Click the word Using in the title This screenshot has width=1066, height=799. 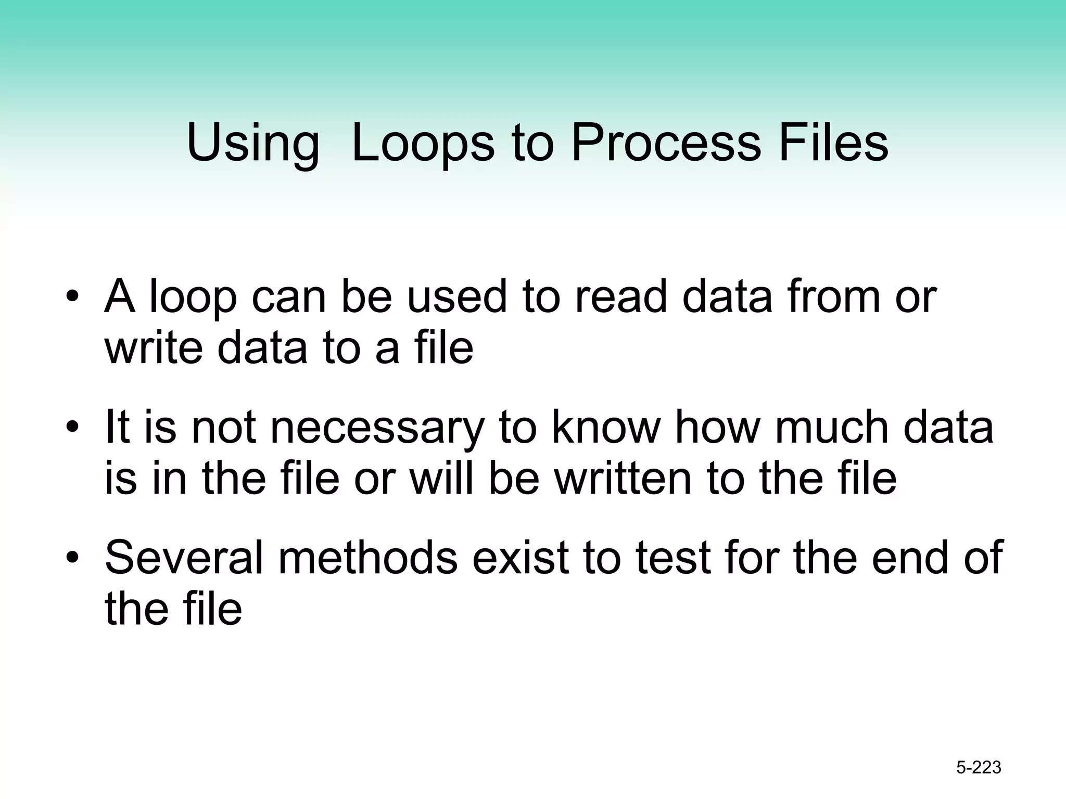pyautogui.click(x=253, y=143)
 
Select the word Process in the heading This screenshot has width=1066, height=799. pyautogui.click(x=666, y=143)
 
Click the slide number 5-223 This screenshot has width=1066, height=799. pyautogui.click(x=979, y=767)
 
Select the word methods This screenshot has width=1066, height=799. pyautogui.click(x=368, y=557)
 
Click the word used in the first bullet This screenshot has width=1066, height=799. pyautogui.click(x=456, y=297)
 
